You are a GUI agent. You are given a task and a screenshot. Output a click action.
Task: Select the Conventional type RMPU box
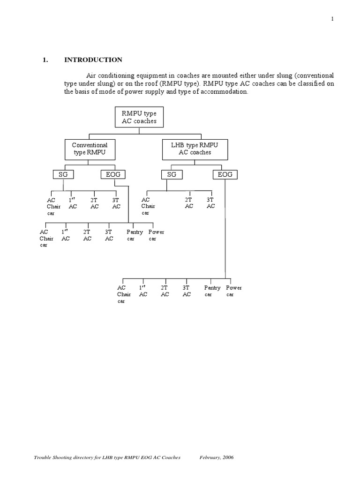pos(90,149)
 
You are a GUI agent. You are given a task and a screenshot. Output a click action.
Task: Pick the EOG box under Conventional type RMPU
pos(113,175)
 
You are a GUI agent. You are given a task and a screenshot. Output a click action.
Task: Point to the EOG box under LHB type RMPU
pos(225,175)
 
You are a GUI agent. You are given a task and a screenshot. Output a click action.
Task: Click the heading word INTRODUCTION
pos(93,60)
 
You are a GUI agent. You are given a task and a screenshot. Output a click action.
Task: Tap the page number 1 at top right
pos(332,19)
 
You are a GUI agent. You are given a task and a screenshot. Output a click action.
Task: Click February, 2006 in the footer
pos(217,457)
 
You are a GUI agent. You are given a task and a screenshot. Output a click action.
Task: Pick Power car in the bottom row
pos(234,291)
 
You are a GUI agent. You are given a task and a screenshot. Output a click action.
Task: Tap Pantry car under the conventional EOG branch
pos(135,235)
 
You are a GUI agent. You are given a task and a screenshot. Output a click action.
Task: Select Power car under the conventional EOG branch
pos(156,235)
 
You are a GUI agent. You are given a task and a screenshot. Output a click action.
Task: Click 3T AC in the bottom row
pos(187,291)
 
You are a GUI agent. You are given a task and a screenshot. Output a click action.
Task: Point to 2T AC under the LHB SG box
pos(189,203)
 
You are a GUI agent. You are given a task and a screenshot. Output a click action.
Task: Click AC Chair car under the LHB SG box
pos(148,206)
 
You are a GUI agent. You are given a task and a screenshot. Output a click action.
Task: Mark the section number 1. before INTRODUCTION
pos(45,60)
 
